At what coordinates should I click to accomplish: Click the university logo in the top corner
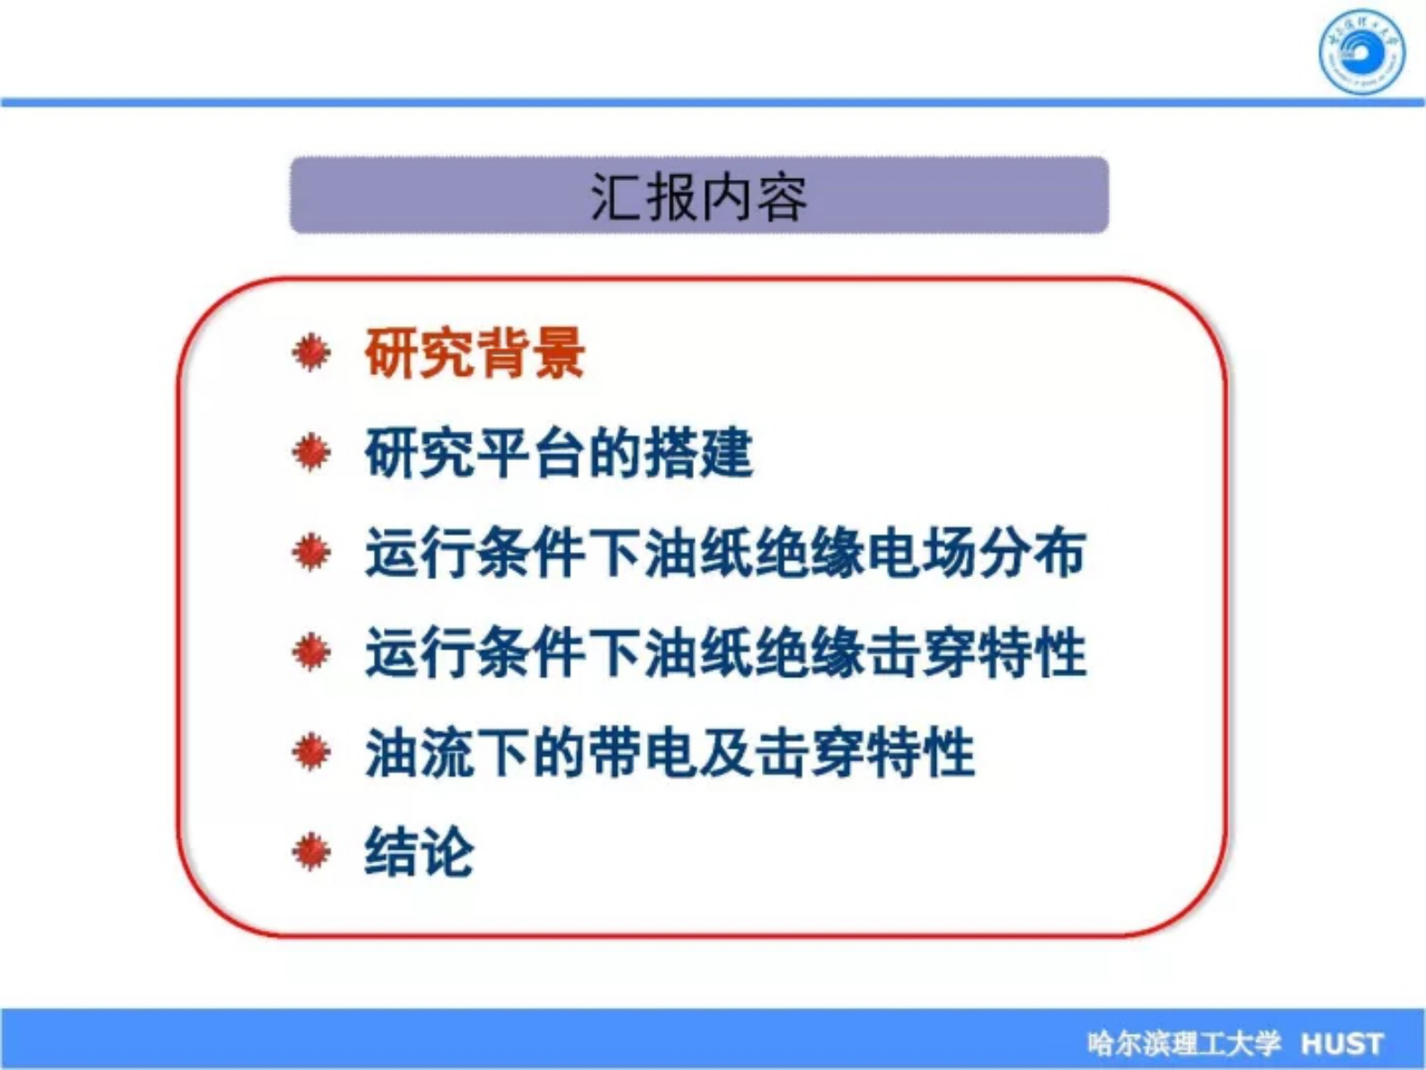point(1360,51)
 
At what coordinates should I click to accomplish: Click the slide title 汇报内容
point(698,196)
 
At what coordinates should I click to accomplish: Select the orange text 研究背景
point(474,352)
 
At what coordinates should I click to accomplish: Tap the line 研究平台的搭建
point(558,452)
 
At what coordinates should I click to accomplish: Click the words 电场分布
point(976,552)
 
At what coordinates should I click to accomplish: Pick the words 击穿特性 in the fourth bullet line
point(976,652)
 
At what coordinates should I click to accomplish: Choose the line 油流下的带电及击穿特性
point(669,752)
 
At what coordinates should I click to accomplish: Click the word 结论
point(419,851)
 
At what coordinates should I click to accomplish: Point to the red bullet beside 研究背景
point(311,352)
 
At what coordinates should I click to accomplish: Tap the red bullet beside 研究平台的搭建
point(311,452)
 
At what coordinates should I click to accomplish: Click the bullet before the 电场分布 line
point(311,552)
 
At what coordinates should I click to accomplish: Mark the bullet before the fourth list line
point(311,652)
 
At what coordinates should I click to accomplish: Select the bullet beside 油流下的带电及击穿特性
point(311,752)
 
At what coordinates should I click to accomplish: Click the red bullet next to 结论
point(311,851)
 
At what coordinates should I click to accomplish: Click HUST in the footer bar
point(1342,1043)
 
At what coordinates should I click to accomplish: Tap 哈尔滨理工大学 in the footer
point(1182,1043)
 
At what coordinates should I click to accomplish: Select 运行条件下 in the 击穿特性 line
point(504,652)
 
